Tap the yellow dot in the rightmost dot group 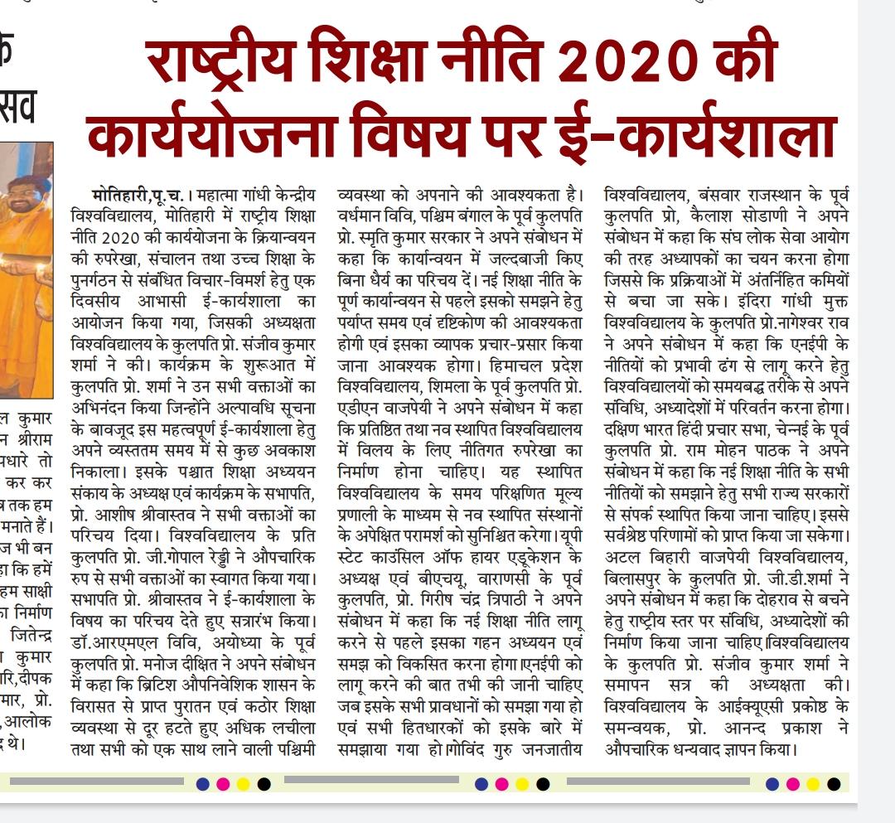[x=814, y=784]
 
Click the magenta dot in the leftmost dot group [x=223, y=784]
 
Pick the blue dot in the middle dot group [x=481, y=784]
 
